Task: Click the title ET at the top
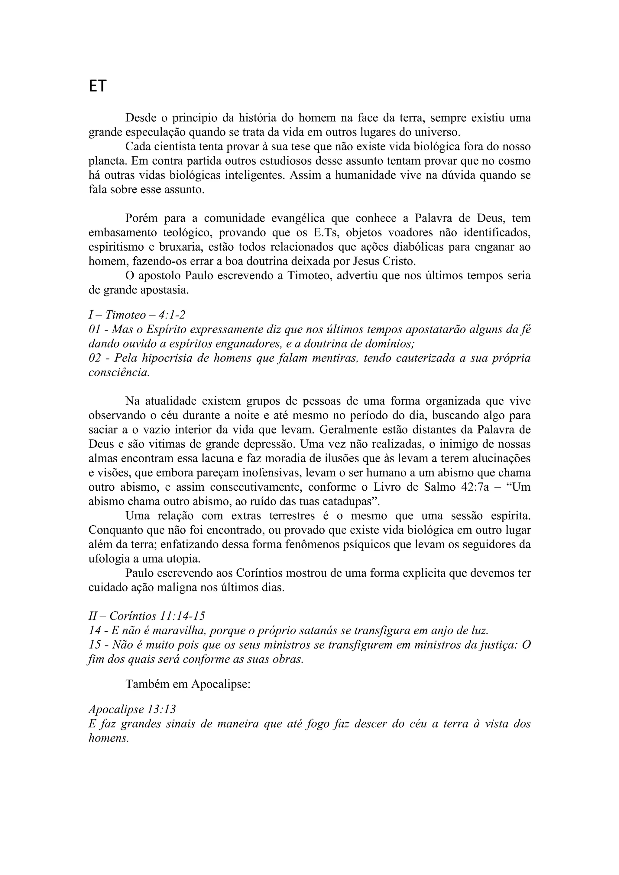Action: pyautogui.click(x=98, y=87)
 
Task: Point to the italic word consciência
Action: pyautogui.click(x=119, y=372)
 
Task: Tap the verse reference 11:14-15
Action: pyautogui.click(x=183, y=616)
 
